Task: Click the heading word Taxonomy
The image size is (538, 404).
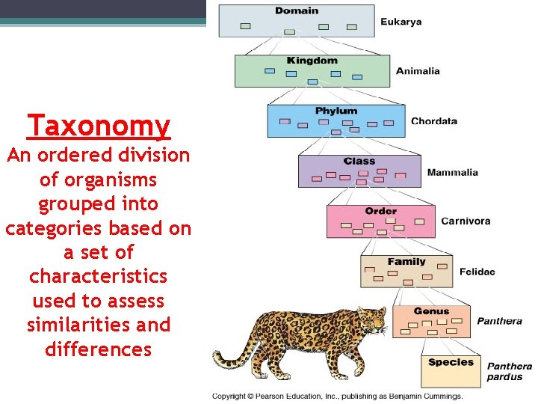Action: (99, 125)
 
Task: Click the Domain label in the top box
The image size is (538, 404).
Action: (297, 10)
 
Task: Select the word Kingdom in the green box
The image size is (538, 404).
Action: (312, 61)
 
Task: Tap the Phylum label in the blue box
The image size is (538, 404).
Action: (336, 111)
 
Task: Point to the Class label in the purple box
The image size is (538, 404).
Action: (359, 161)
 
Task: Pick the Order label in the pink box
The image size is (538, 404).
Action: (381, 211)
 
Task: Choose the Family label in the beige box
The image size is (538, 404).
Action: (406, 262)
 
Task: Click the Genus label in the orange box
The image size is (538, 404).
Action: (431, 311)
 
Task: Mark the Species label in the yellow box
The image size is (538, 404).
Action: (451, 362)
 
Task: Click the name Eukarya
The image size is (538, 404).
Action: (401, 22)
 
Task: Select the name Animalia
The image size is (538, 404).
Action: (418, 71)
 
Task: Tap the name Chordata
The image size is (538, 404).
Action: (434, 121)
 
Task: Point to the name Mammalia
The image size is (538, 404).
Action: (453, 173)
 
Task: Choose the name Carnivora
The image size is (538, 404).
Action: (466, 221)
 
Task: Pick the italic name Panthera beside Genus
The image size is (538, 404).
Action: (500, 322)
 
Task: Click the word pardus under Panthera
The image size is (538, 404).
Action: (505, 377)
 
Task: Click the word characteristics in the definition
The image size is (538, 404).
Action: (99, 276)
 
